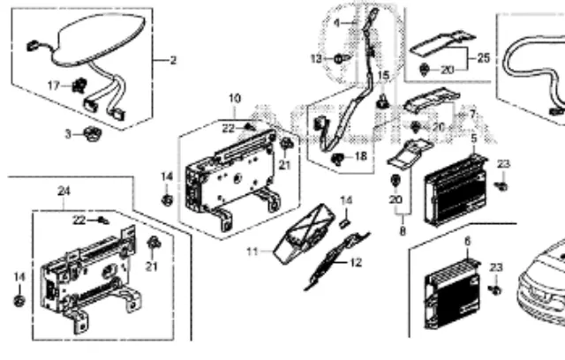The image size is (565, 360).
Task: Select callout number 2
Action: coord(173,60)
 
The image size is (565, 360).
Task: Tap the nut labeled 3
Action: coord(90,134)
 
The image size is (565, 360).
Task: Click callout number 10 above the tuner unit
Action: coord(234,97)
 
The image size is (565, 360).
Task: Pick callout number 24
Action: coord(63,190)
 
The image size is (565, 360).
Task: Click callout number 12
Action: coord(356,262)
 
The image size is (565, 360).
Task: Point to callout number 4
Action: coord(336,20)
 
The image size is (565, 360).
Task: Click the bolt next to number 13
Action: coord(340,58)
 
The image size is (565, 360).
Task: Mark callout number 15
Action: coord(383,77)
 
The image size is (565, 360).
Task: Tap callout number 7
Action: coord(472,114)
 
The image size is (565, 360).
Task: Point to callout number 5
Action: coord(473,139)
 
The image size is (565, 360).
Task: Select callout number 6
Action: coord(468,240)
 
